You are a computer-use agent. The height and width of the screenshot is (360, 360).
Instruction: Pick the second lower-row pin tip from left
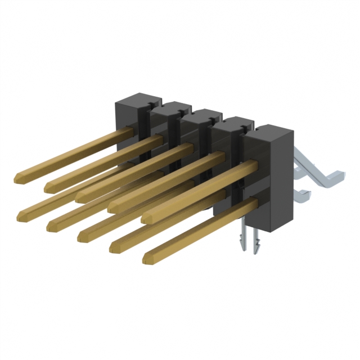click(52, 226)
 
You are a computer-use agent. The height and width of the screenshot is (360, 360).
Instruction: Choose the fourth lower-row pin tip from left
click(113, 247)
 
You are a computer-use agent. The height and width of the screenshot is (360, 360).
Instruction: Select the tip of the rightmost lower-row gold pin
click(148, 258)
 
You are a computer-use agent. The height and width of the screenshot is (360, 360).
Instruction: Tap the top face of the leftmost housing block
click(135, 99)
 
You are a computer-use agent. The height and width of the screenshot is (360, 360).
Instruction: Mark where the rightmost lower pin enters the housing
click(255, 203)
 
